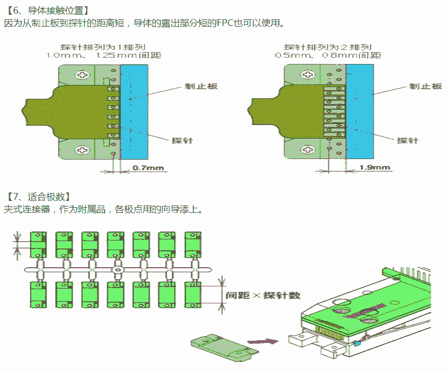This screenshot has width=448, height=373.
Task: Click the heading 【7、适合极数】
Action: click(38, 196)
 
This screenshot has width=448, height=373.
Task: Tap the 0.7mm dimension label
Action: click(147, 168)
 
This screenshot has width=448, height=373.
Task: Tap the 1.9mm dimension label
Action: click(375, 168)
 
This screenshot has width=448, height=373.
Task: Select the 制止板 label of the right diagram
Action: click(426, 86)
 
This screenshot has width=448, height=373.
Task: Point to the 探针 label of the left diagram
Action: click(182, 140)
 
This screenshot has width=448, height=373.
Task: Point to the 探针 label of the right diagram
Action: click(407, 140)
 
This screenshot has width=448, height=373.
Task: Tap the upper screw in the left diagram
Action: click(84, 75)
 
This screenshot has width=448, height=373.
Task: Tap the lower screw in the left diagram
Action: click(84, 149)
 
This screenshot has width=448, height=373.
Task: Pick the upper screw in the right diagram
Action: click(308, 75)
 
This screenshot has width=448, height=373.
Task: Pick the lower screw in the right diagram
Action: click(308, 149)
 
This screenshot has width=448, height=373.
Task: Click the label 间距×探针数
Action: click(263, 295)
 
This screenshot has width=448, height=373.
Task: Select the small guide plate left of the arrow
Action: click(222, 346)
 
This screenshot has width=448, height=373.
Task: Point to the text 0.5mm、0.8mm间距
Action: click(328, 55)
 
